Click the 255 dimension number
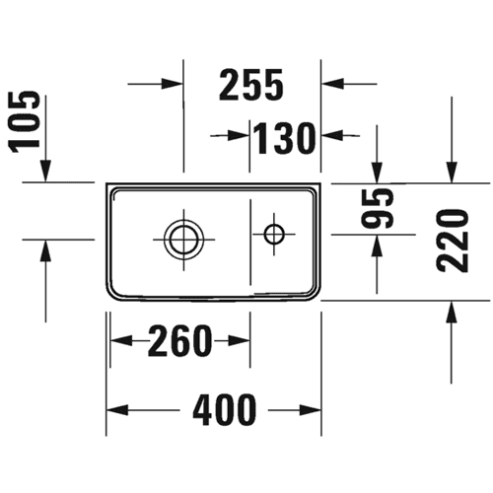pos(251,84)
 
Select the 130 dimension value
pos(284,138)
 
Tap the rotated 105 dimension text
pos(25,122)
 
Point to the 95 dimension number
pos(377,208)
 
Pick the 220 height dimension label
pos(452,242)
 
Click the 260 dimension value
pos(178,341)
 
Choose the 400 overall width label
pos(224,410)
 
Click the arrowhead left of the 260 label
pos(121,341)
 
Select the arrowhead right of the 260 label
pos(239,341)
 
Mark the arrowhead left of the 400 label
pos(117,410)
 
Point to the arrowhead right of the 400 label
pos(310,410)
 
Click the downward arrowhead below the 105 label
pos(45,171)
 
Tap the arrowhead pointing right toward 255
pos(172,84)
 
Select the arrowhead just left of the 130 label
pos(239,135)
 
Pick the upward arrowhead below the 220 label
pos(452,312)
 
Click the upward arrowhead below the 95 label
pos(377,246)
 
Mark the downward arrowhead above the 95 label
pos(377,172)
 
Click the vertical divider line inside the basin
pos(250,242)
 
